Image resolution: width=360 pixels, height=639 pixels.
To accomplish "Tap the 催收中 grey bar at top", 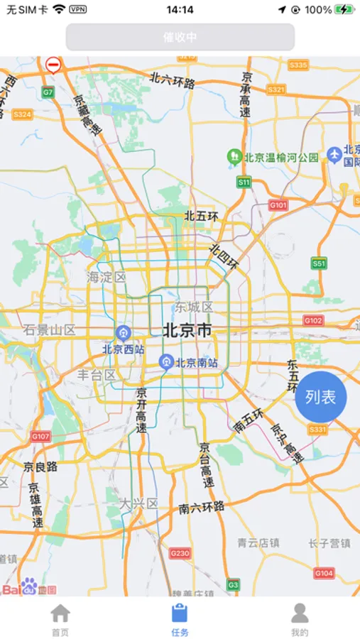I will click(180, 37).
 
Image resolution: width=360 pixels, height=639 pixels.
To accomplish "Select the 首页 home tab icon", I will click(60, 613).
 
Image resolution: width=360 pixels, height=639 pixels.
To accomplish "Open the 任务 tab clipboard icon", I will click(180, 613).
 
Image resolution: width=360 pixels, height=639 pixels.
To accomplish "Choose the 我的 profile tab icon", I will click(300, 613).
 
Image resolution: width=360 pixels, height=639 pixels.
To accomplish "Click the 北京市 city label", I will click(187, 330).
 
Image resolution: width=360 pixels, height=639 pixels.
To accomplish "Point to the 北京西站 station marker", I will click(124, 333).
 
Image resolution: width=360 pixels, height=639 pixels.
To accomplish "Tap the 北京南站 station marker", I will click(166, 362).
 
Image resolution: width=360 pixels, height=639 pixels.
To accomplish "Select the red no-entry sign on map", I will click(53, 65).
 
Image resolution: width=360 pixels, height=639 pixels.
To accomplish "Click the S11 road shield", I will click(244, 182).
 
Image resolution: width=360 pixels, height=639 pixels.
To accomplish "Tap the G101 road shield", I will click(278, 205).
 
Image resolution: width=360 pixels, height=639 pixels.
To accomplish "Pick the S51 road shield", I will click(319, 263).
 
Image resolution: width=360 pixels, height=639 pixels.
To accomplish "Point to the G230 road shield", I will click(180, 553).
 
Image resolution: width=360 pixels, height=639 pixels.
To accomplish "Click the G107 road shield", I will click(40, 436).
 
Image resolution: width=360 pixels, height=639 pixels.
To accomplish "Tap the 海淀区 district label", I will click(107, 277).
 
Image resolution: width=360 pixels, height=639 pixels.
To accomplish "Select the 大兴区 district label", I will click(138, 503).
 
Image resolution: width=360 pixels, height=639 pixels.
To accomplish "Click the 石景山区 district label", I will click(49, 329).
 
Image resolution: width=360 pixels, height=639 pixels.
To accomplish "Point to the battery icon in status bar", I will click(344, 10).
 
